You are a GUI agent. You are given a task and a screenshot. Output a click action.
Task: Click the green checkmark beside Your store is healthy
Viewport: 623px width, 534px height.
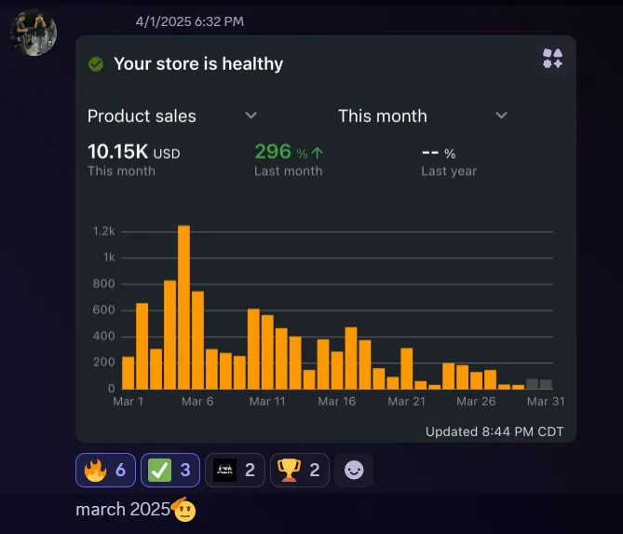point(95,64)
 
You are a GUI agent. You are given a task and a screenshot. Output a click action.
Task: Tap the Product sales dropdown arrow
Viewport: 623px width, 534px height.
point(251,116)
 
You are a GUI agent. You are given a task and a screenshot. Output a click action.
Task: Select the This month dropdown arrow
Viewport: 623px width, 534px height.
point(501,116)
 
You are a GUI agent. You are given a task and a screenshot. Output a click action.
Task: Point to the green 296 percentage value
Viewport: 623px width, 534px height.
point(273,152)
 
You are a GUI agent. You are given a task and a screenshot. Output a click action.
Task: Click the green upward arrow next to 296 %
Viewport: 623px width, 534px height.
point(318,153)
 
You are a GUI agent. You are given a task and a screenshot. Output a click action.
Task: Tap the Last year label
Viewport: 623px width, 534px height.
point(448,171)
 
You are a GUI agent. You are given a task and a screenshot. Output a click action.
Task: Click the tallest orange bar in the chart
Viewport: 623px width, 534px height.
point(183,307)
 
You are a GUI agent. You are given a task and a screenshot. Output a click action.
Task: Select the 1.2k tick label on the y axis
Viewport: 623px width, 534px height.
point(103,231)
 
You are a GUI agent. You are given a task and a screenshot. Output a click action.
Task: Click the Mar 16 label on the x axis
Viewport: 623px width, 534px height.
point(336,402)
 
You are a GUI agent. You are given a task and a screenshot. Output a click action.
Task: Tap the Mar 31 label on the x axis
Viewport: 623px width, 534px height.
point(546,402)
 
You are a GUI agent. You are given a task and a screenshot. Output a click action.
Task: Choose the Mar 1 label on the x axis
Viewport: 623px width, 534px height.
point(129,402)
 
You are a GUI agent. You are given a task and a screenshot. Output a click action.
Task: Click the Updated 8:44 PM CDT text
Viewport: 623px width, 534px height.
point(494,431)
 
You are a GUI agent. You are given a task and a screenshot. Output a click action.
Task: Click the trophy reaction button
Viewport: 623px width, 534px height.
point(299,471)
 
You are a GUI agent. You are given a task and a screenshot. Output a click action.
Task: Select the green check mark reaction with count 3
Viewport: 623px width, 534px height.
point(169,471)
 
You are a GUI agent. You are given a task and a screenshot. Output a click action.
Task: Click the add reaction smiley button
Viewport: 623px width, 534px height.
point(354,471)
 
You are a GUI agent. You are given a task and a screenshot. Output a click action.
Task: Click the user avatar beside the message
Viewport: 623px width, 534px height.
point(34,33)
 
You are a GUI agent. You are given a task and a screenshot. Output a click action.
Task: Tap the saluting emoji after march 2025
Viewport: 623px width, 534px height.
point(184,509)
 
